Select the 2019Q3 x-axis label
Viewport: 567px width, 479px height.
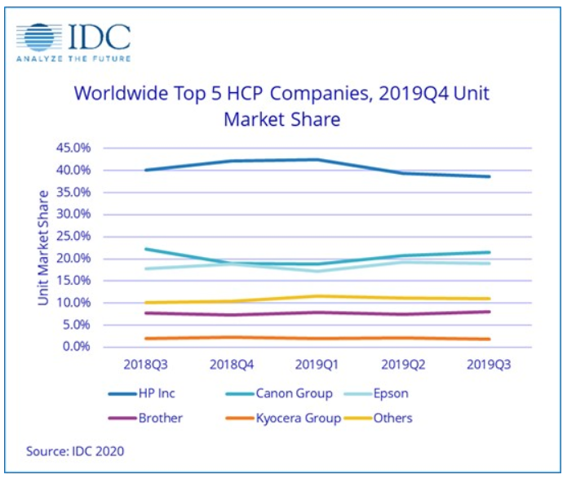489,365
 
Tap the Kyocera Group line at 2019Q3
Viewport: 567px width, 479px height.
489,339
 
